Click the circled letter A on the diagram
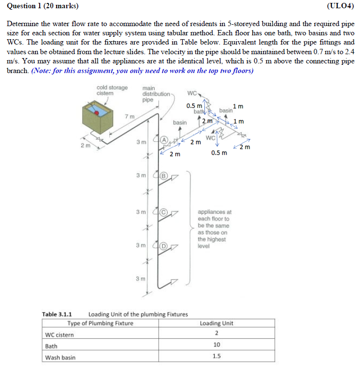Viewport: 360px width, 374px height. click(x=164, y=139)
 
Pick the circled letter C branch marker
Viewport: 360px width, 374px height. click(x=164, y=211)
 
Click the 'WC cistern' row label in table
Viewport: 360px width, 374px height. click(x=59, y=334)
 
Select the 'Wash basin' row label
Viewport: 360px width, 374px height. click(x=60, y=358)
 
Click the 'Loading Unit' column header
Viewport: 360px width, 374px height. click(x=216, y=323)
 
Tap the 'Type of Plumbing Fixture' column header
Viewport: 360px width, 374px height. click(x=101, y=323)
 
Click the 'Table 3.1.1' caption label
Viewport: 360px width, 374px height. click(x=57, y=314)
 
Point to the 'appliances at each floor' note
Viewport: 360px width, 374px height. click(x=214, y=229)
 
